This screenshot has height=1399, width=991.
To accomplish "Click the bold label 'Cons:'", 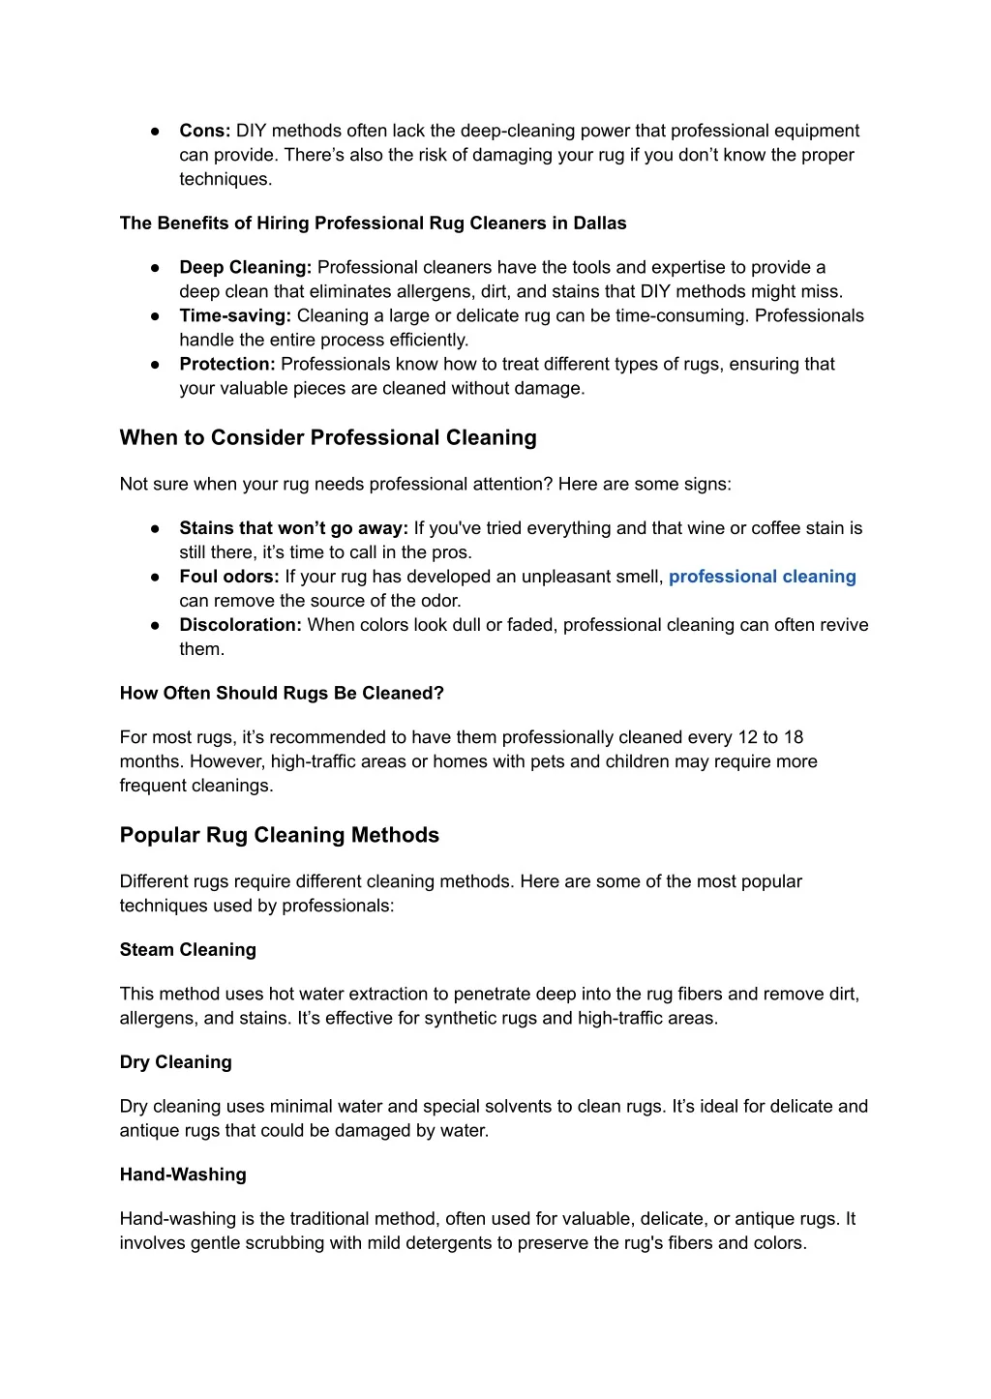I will [204, 131].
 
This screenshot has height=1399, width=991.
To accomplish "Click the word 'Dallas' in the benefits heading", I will [600, 223].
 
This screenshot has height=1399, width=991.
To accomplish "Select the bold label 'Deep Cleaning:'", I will [245, 267].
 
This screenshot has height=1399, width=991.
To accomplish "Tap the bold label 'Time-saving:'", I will [235, 315].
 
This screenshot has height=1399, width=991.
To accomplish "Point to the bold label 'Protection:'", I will [227, 364].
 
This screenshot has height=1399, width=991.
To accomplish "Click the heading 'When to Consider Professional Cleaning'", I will [328, 437].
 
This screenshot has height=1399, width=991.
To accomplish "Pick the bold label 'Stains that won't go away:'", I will [293, 528].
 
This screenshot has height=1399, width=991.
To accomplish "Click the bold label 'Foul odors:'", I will [229, 577].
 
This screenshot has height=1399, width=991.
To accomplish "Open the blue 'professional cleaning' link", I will [763, 577].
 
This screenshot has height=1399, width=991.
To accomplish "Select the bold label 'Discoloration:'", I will [240, 625].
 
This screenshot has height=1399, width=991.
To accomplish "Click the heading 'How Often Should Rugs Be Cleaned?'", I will [282, 693].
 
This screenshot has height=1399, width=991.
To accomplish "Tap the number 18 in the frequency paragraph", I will [793, 737].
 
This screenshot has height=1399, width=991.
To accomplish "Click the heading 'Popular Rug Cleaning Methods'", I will [280, 835].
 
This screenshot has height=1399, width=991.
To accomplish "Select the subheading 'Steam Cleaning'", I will [188, 950].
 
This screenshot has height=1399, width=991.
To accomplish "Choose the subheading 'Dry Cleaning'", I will [176, 1062].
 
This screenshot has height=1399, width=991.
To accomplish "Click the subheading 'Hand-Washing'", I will [183, 1175].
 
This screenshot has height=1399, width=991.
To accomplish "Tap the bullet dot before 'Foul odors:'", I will [155, 577].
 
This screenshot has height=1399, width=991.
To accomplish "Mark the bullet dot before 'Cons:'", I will [155, 131].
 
